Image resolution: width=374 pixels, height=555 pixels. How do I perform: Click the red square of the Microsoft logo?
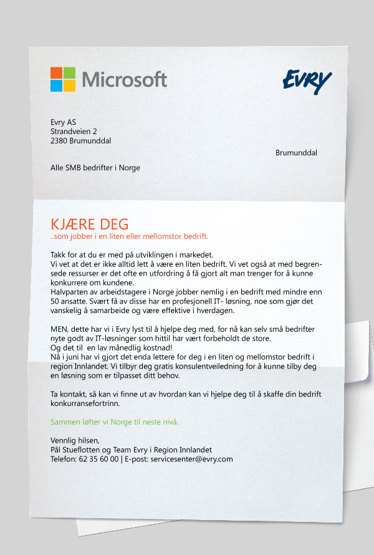(56, 73)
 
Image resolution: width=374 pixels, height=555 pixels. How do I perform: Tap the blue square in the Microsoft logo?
(56, 86)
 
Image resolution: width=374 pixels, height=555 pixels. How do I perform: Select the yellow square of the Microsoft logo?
(69, 86)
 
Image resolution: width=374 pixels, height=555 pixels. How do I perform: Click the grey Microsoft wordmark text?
(124, 80)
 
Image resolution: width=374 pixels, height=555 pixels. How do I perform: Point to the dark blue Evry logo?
(307, 81)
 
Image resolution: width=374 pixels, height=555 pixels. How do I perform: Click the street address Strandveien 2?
(74, 132)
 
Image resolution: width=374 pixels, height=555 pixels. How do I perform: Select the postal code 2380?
(60, 141)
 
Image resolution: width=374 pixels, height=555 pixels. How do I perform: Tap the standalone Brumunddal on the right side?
(296, 153)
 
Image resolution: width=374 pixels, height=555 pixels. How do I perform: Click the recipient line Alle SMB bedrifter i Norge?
(95, 168)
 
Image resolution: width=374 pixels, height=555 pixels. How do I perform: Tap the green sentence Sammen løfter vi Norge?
(114, 422)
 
